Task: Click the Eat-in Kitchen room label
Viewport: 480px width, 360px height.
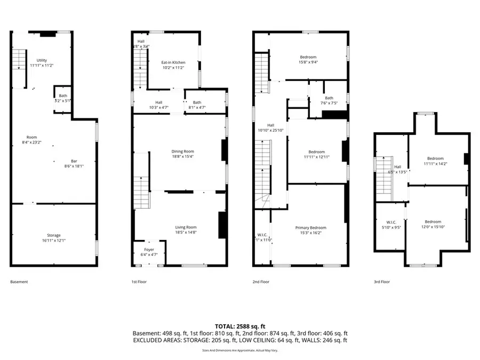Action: pos(173,62)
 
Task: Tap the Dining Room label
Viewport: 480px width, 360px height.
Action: pos(182,151)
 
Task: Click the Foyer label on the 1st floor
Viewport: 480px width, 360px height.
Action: pos(149,250)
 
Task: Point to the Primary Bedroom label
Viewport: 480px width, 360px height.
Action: pos(310,228)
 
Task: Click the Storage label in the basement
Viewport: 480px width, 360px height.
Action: pos(53,235)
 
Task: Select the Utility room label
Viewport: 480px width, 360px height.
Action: pos(42,60)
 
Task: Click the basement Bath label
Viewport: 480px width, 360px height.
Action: pos(63,95)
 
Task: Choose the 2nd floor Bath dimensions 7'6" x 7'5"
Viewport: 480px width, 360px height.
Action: pos(329,103)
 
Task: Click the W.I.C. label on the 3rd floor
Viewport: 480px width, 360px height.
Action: pos(390,222)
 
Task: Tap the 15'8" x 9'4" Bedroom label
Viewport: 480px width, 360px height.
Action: pos(308,57)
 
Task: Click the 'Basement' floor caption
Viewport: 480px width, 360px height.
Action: pos(19,282)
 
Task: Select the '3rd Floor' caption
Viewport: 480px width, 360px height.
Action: pos(382,282)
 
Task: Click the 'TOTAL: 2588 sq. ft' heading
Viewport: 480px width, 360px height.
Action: pos(240,326)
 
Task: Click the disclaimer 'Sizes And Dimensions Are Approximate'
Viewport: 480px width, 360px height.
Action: pos(240,350)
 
